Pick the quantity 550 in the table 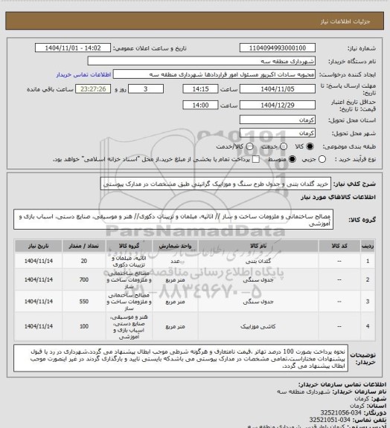pos(83,303)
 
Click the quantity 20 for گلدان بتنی pos(83,261)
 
